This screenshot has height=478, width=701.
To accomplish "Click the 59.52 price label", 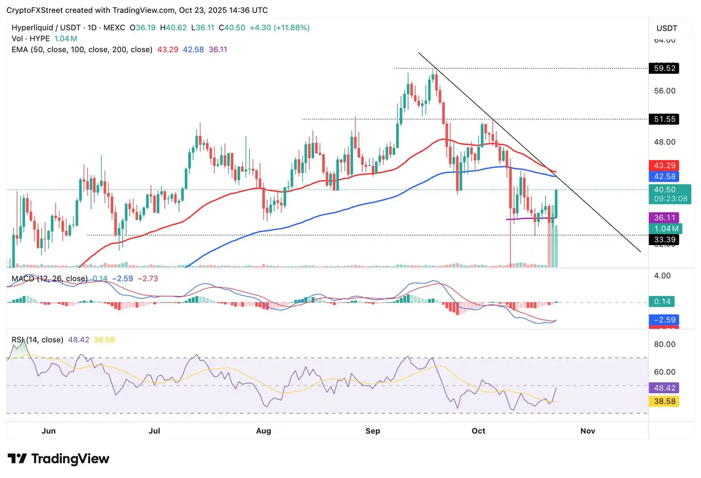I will pyautogui.click(x=664, y=68).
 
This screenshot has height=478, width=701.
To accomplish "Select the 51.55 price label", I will pyautogui.click(x=664, y=119).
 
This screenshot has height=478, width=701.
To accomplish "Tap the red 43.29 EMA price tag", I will pyautogui.click(x=664, y=166).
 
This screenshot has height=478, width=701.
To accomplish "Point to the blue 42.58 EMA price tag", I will pyautogui.click(x=664, y=176).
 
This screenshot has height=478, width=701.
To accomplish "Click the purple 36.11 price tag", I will pyautogui.click(x=664, y=218).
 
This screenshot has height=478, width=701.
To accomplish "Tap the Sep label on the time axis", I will pyautogui.click(x=373, y=431).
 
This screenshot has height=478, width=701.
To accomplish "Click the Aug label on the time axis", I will pyautogui.click(x=264, y=431).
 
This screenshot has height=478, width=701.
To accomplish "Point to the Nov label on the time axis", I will pyautogui.click(x=588, y=431).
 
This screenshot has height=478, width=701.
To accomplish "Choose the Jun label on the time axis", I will pyautogui.click(x=49, y=431).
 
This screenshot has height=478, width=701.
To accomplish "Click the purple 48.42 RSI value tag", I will pyautogui.click(x=664, y=387).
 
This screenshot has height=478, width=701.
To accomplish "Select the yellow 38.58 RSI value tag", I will pyautogui.click(x=664, y=401).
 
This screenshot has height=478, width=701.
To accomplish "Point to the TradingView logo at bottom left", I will pyautogui.click(x=58, y=459).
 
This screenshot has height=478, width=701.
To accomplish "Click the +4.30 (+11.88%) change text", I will pyautogui.click(x=280, y=27).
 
